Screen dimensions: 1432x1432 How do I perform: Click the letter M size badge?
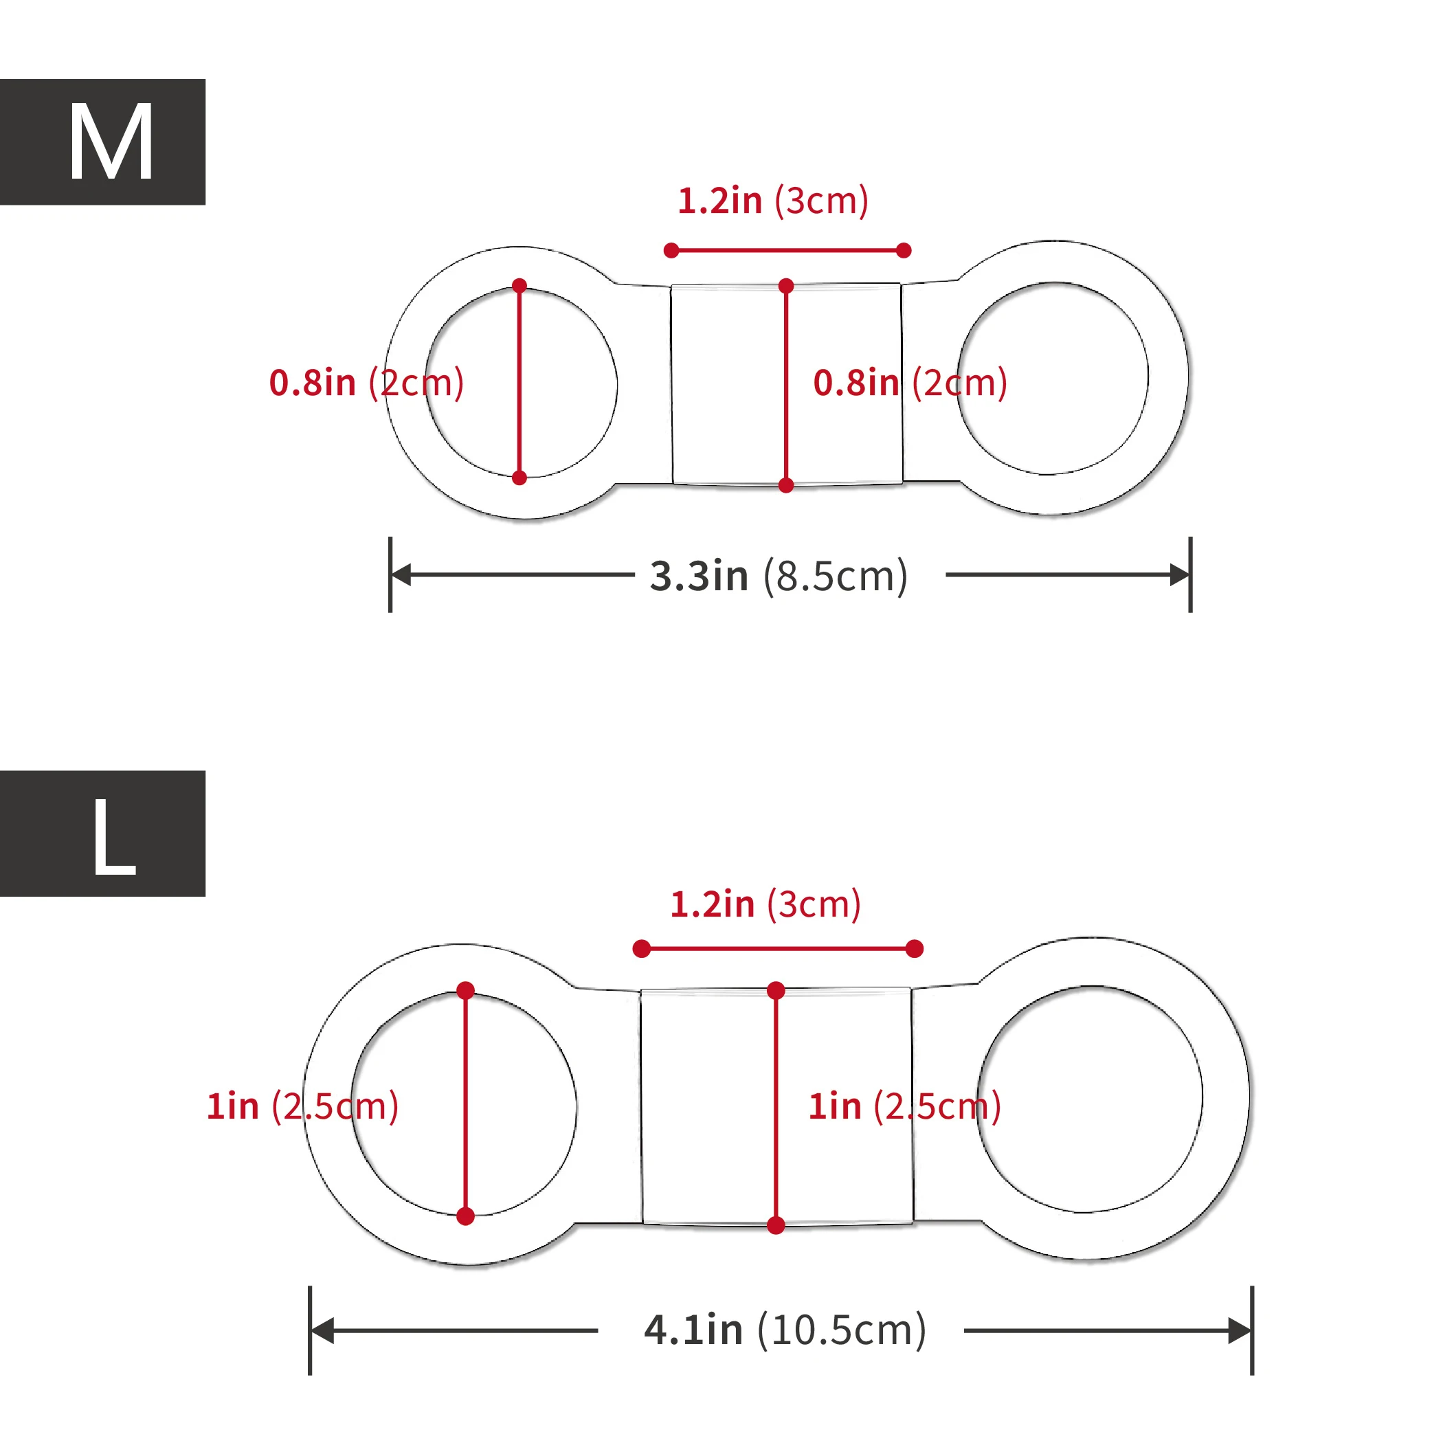pyautogui.click(x=102, y=142)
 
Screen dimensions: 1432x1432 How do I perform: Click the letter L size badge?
pyautogui.click(x=102, y=833)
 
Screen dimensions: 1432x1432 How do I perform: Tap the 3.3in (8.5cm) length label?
pyautogui.click(x=779, y=576)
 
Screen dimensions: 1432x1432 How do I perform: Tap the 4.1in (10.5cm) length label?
pyautogui.click(x=785, y=1329)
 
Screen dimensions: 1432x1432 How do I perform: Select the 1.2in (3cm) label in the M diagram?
pyautogui.click(x=773, y=201)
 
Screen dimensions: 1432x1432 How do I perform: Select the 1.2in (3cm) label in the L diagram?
pyautogui.click(x=765, y=904)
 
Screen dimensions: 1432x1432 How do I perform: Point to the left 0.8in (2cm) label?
pyautogui.click(x=366, y=383)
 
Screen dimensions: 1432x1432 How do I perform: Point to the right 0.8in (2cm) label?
pyautogui.click(x=910, y=383)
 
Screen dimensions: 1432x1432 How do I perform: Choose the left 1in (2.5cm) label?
pyautogui.click(x=302, y=1106)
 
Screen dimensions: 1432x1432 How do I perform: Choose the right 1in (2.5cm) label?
pyautogui.click(x=904, y=1106)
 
